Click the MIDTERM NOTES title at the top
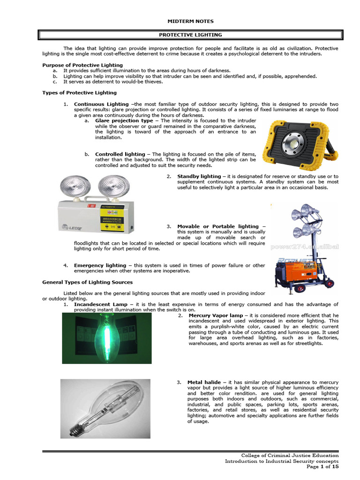[190, 21]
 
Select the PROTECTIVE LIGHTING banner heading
[190, 35]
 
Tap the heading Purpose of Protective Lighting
[82, 65]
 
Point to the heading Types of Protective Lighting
[79, 93]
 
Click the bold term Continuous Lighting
[101, 104]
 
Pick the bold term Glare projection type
[124, 120]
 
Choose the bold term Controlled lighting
[120, 154]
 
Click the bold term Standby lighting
[199, 176]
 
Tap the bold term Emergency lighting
[100, 265]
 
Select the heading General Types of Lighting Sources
[88, 282]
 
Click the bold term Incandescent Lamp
[101, 304]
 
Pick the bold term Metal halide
[204, 382]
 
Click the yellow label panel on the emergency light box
[112, 218]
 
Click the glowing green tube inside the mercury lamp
[107, 335]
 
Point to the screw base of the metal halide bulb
[76, 429]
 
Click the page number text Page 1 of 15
[322, 466]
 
